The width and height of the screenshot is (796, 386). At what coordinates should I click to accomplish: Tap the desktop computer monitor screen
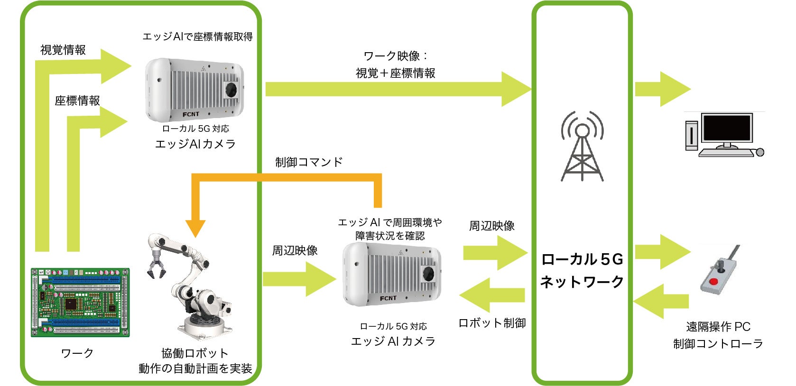[727, 128]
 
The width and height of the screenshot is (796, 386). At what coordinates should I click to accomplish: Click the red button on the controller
[713, 282]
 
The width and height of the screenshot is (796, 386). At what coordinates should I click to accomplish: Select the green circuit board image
[80, 302]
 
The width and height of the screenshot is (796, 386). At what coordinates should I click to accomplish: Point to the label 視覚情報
[63, 50]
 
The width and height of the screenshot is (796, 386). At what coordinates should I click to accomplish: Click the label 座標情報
[77, 101]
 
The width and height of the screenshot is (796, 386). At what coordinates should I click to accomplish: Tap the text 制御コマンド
[309, 162]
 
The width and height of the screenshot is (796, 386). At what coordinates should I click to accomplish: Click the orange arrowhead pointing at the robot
[195, 229]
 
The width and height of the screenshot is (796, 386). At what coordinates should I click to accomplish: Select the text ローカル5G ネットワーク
[582, 270]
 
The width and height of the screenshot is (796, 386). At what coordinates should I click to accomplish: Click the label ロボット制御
[492, 323]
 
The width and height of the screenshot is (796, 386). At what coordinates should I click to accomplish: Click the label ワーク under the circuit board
[77, 353]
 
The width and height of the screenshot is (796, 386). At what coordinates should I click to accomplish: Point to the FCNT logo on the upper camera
[191, 114]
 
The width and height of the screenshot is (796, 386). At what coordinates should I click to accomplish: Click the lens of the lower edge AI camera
[429, 274]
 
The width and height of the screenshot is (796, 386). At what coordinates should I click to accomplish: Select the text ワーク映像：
[396, 56]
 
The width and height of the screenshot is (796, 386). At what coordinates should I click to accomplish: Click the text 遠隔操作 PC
[718, 327]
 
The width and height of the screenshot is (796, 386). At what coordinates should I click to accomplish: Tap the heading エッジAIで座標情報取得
[197, 37]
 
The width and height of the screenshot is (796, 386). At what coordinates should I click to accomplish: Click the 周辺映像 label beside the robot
[295, 250]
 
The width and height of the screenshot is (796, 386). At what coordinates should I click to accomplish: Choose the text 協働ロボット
[194, 353]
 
